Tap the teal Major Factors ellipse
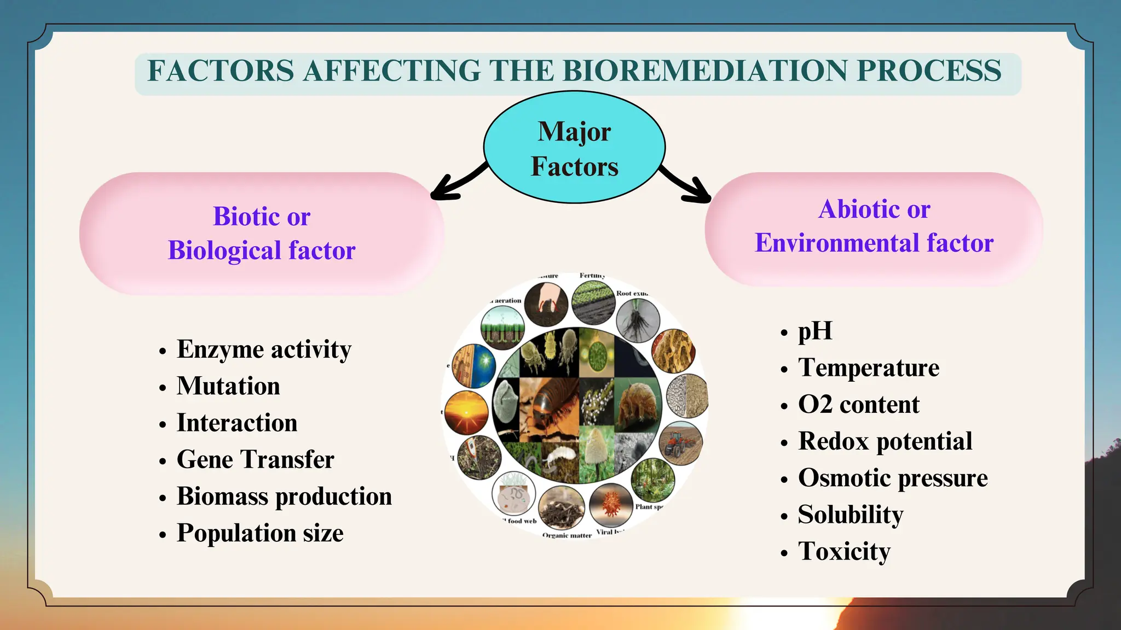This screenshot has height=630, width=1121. tap(574, 148)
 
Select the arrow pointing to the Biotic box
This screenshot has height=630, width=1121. tap(458, 183)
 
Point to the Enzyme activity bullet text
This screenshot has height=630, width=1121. tap(264, 349)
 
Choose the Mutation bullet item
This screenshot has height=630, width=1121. tap(228, 386)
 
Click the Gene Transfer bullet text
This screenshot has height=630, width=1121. tap(255, 459)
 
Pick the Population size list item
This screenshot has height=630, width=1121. tap(260, 533)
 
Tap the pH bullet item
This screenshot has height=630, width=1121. tap(815, 331)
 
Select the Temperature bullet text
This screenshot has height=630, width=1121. tap(869, 367)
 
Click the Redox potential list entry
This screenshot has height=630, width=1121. tap(885, 441)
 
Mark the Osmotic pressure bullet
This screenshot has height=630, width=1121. tap(893, 478)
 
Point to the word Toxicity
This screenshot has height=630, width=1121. tap(844, 551)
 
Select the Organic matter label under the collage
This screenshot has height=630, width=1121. tap(567, 535)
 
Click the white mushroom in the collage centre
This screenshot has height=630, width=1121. tap(597, 446)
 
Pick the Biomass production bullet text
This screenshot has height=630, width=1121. tap(284, 497)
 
